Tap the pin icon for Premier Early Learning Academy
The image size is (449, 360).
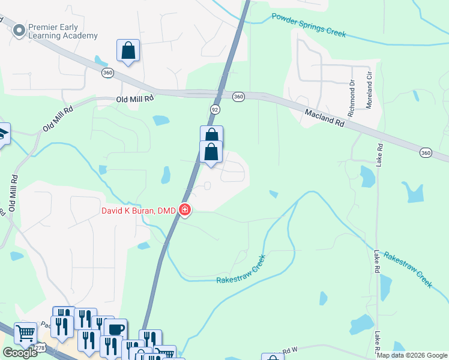pos(19,29)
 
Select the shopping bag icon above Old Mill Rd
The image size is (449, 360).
pos(128,51)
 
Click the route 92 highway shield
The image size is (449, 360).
pos(215,109)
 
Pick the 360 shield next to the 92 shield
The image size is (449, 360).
pos(238,97)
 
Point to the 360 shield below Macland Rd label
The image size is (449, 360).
pos(426,153)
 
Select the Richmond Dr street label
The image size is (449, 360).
pos(352,92)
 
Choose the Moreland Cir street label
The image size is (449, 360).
pos(369,91)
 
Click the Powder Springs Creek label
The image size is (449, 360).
pos(309,25)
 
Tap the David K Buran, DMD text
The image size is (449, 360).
pos(138,211)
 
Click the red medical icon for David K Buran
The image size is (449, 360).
pos(185,210)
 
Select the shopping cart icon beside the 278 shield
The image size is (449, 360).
pos(25,333)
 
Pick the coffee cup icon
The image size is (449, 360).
pos(115,329)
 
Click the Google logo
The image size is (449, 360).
pos(20,353)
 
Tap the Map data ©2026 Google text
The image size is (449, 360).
pos(412,355)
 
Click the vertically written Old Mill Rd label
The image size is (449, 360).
pos(13,193)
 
